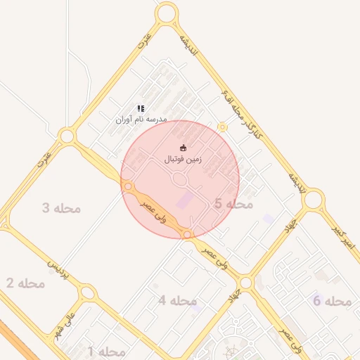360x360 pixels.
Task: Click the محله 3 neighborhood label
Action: coord(61,208)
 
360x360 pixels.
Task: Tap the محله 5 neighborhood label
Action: coord(233,204)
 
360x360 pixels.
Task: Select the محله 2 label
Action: coord(25,283)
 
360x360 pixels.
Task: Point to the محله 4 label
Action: coord(176,301)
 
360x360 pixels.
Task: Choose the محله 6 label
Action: coord(332,301)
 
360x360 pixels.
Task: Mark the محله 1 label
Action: coord(106,351)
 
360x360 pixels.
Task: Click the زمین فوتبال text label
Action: coord(183,160)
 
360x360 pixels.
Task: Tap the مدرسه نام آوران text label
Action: coord(141,120)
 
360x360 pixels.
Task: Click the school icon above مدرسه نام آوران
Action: coord(141,109)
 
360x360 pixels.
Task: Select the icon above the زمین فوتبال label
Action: coord(184,148)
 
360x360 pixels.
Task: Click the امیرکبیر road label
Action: coord(345,238)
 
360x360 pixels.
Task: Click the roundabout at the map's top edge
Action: coord(167,12)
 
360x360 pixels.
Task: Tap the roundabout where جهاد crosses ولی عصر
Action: coord(245,283)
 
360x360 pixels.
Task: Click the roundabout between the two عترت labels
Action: coord(67,136)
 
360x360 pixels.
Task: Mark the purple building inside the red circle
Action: coord(183,200)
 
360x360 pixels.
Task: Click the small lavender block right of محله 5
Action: coord(269,219)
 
